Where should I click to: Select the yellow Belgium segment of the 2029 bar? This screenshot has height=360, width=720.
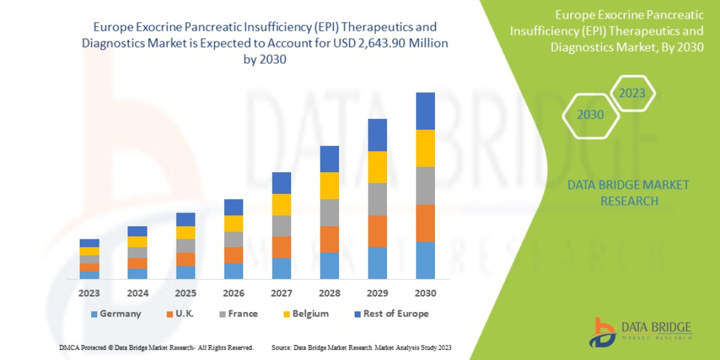[377, 167]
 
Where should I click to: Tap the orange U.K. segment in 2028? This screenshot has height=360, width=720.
[329, 239]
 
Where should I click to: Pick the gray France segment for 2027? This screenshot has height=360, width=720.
[281, 226]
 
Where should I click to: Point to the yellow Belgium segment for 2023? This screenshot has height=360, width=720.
[89, 251]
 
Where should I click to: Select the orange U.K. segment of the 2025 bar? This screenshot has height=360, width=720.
[185, 259]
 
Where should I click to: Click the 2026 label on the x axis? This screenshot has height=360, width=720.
[233, 294]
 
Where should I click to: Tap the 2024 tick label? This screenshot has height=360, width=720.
[137, 294]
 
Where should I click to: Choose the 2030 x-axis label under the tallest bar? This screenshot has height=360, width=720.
[425, 294]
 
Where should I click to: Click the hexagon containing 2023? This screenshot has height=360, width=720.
[632, 93]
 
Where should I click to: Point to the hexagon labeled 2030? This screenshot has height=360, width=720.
[590, 115]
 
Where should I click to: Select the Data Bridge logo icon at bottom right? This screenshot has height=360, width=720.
[602, 332]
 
